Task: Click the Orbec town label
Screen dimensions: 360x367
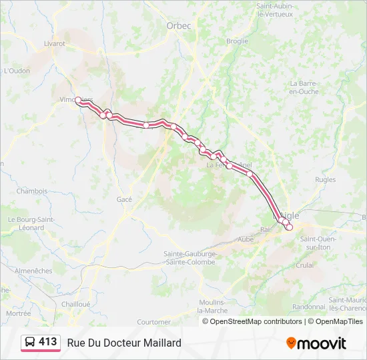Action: pyautogui.click(x=178, y=26)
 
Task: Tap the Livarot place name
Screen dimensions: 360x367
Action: pyautogui.click(x=55, y=43)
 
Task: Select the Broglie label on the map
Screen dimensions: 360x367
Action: pyautogui.click(x=237, y=41)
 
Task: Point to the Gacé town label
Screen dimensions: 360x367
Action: pyautogui.click(x=124, y=199)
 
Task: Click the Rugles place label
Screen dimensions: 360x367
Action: pyautogui.click(x=325, y=180)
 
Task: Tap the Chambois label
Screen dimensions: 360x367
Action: pyautogui.click(x=32, y=191)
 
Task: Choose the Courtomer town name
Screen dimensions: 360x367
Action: pyautogui.click(x=153, y=321)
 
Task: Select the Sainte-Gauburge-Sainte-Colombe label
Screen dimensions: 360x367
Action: pyautogui.click(x=190, y=257)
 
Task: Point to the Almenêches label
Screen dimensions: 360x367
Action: pyautogui.click(x=33, y=271)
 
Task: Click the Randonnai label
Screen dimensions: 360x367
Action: pyautogui.click(x=308, y=307)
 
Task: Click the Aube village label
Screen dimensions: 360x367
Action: pyautogui.click(x=246, y=238)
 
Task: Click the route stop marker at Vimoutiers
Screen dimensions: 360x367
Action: pyautogui.click(x=78, y=100)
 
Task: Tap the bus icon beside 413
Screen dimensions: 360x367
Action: pyautogui.click(x=30, y=342)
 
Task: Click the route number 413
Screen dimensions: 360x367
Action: pyautogui.click(x=47, y=341)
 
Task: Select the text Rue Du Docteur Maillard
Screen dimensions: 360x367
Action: pyautogui.click(x=124, y=343)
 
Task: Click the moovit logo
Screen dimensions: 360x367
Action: pyautogui.click(x=316, y=343)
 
